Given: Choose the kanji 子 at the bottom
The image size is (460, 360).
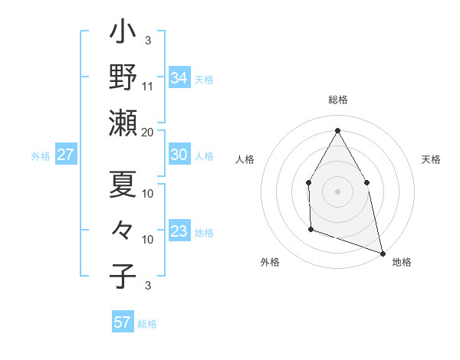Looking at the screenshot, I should point(123,276).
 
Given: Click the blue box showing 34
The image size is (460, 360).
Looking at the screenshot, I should point(179,78).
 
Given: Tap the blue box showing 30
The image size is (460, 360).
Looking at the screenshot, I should point(179,155).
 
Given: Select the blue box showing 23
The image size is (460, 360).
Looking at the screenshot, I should point(179,231).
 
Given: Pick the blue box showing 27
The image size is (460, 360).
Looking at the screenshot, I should point(65,155).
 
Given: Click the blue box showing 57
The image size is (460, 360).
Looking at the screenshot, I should point(122,322).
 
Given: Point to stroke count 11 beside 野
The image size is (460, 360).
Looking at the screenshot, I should point(148,86).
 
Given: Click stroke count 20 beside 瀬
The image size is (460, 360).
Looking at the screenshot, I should point(148,132).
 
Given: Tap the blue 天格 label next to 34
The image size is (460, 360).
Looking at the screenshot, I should point(204,79).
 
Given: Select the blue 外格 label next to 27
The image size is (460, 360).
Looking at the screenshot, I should point(41,155).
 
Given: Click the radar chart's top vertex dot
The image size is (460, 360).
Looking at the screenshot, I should point(337,129).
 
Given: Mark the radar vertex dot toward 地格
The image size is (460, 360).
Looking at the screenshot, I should point(382,252).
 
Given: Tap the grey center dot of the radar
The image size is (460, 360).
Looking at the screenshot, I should point(337,191).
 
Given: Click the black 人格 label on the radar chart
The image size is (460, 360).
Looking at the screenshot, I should point(245,159).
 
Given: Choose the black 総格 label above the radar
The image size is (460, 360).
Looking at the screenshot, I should point(337,100).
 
